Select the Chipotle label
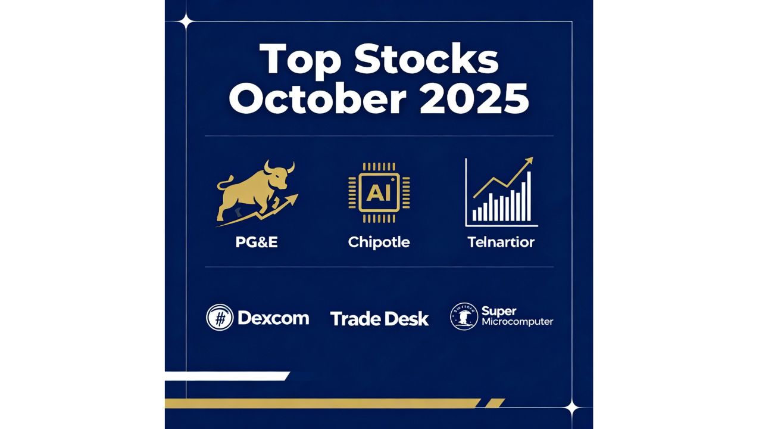pyautogui.click(x=379, y=243)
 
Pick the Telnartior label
pyautogui.click(x=501, y=243)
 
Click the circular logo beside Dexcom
pyautogui.click(x=220, y=318)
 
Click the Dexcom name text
pyautogui.click(x=273, y=318)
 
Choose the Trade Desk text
pyautogui.click(x=379, y=319)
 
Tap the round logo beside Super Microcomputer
pyautogui.click(x=464, y=316)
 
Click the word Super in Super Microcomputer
pyautogui.click(x=499, y=310)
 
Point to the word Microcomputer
pyautogui.click(x=517, y=322)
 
